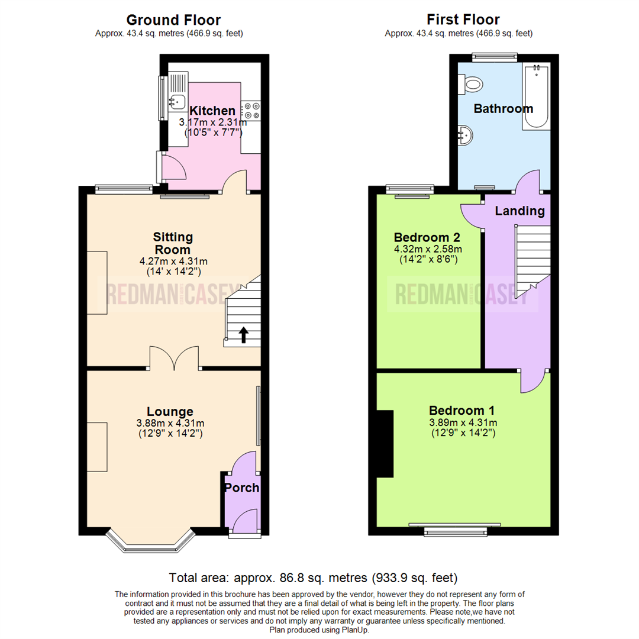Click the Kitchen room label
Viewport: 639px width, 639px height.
pos(212,111)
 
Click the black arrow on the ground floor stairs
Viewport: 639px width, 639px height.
pos(243,335)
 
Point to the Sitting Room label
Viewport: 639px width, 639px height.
pos(170,243)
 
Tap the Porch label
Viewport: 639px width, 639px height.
pos(241,488)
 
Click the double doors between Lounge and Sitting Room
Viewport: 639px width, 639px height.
pos(174,359)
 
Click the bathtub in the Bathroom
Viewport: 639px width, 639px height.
pos(535,98)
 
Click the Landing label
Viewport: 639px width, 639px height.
pos(519,211)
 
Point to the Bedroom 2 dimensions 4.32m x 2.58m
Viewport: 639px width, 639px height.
pos(428,249)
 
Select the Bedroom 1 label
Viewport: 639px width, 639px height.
pos(462,410)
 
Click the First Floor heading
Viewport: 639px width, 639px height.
pos(459,20)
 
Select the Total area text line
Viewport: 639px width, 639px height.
pos(313,577)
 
